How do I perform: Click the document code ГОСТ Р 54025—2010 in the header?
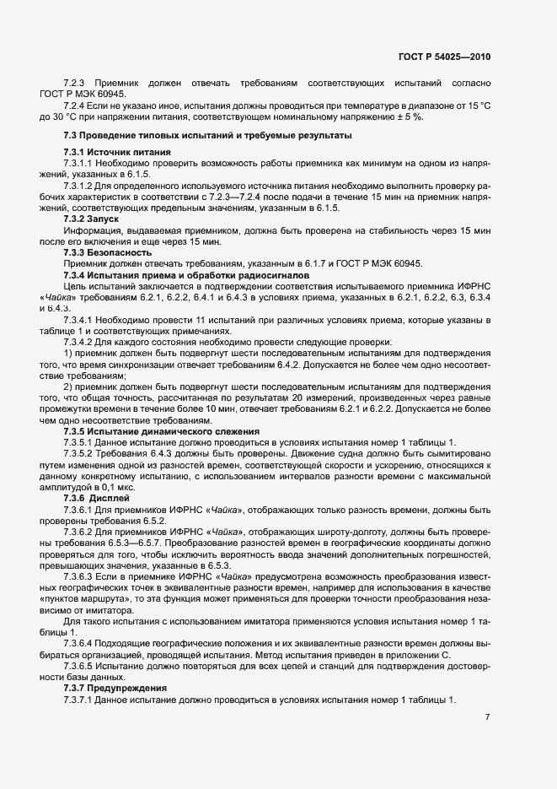pyautogui.click(x=443, y=57)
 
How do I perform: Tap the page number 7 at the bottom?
pyautogui.click(x=487, y=717)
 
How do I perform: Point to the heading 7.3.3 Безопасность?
pyautogui.click(x=107, y=252)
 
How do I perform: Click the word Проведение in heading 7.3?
pyautogui.click(x=110, y=135)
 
